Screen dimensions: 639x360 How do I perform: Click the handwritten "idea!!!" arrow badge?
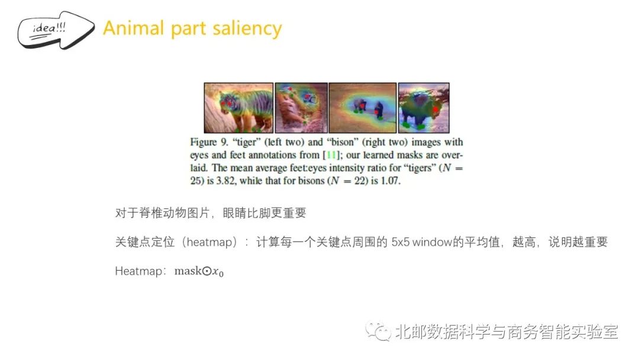click(56, 30)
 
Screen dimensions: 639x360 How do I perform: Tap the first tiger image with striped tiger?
click(238, 108)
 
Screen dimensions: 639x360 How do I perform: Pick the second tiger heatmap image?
click(301, 108)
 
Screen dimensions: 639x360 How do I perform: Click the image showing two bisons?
click(362, 108)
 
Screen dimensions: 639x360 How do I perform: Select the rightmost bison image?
click(424, 108)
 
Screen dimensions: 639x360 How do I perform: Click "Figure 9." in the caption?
click(209, 142)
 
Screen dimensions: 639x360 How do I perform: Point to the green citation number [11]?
click(331, 155)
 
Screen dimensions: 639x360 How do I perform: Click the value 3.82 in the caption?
click(226, 181)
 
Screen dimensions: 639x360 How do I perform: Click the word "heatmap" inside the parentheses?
click(209, 242)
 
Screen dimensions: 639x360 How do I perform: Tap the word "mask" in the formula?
click(188, 271)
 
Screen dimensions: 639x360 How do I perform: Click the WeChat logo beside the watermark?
click(377, 331)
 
